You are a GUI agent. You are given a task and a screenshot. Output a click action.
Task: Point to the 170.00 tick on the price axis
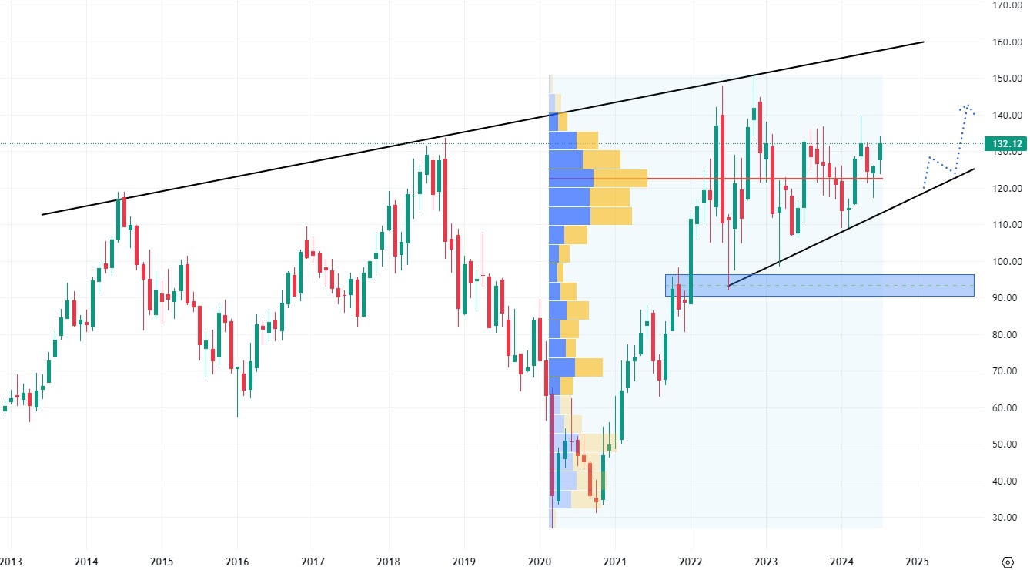click(1007, 5)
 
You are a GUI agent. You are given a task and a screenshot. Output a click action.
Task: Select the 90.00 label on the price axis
click(1007, 298)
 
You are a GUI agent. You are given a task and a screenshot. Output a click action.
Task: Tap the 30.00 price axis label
click(1007, 518)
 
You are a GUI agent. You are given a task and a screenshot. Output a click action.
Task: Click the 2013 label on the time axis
click(10, 561)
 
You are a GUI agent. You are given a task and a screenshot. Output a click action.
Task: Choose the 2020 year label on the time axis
click(540, 561)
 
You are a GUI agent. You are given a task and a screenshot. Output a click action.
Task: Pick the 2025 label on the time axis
click(917, 561)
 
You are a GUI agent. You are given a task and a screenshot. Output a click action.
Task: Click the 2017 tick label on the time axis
click(313, 561)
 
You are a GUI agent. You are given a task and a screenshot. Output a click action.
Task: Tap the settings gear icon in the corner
click(1008, 561)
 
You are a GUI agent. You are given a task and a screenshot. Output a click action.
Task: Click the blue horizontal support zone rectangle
click(819, 285)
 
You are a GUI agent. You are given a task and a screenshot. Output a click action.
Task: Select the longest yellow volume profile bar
click(620, 179)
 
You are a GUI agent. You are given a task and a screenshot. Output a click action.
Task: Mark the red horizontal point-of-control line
click(770, 179)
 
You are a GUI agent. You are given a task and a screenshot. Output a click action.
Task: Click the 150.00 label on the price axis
click(1007, 79)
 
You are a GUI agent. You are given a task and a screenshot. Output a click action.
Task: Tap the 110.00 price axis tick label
click(1007, 225)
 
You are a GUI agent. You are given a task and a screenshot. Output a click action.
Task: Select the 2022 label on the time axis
click(691, 561)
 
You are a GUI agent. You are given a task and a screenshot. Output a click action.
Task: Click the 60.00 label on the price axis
click(1007, 408)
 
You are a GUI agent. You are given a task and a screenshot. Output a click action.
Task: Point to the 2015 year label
click(162, 561)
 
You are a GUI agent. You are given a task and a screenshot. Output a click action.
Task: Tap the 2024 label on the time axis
click(841, 561)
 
